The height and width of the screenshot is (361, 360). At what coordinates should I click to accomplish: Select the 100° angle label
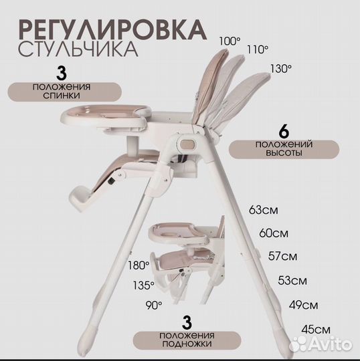pyautogui.click(x=229, y=41)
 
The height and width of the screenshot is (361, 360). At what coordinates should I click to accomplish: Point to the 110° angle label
pyautogui.click(x=258, y=49)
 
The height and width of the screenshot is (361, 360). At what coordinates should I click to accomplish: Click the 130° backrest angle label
pyautogui.click(x=280, y=69)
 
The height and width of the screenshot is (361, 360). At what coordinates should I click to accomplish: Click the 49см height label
pyautogui.click(x=304, y=306)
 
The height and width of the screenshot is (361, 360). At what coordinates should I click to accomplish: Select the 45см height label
pyautogui.click(x=317, y=329)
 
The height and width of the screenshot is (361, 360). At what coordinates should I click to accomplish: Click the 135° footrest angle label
pyautogui.click(x=143, y=285)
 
